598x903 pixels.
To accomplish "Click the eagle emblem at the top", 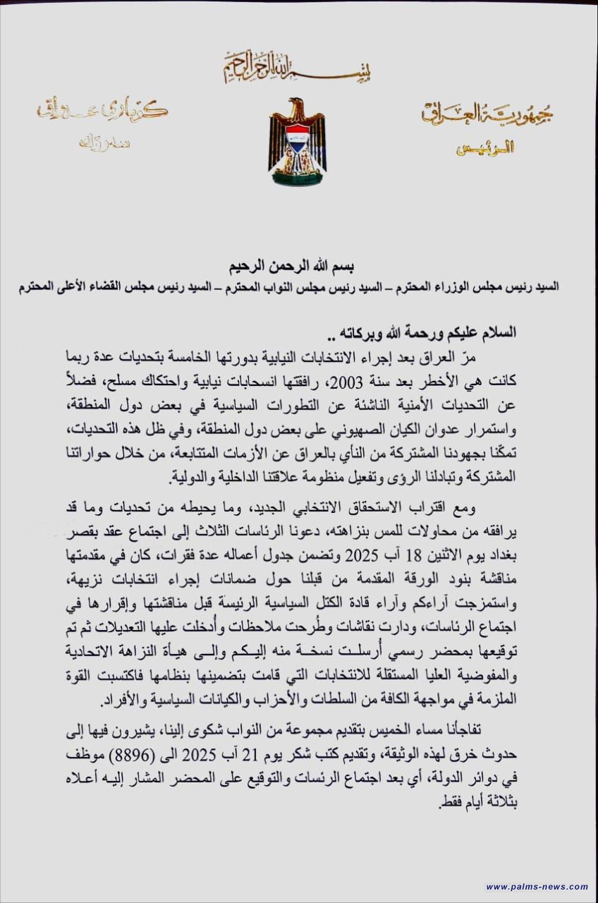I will pyautogui.click(x=297, y=142).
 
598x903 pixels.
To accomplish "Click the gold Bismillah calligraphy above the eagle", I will pyautogui.click(x=298, y=67).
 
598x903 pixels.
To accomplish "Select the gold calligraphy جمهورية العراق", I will pyautogui.click(x=487, y=114).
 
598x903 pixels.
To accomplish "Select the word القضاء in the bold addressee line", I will pyautogui.click(x=120, y=288).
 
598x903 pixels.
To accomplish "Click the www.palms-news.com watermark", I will pyautogui.click(x=537, y=887).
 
